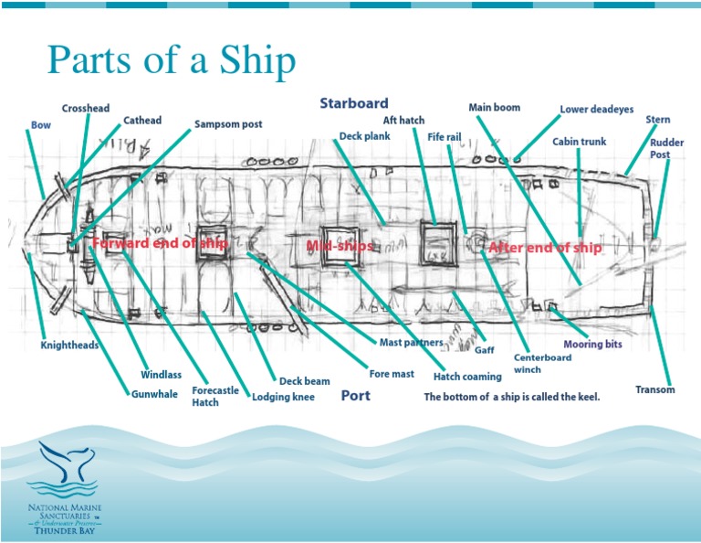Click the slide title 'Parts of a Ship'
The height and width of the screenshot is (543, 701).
pyautogui.click(x=172, y=60)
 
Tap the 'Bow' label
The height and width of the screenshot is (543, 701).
pyautogui.click(x=41, y=125)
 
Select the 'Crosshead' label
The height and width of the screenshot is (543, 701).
pyautogui.click(x=87, y=108)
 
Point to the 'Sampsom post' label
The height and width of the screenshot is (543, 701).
pyautogui.click(x=228, y=123)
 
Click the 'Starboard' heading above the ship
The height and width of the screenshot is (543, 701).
pyautogui.click(x=353, y=103)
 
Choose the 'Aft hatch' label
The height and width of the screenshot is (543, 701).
pyautogui.click(x=403, y=121)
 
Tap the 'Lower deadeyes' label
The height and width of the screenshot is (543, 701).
pyautogui.click(x=596, y=110)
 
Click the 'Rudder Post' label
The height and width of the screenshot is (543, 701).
pyautogui.click(x=660, y=148)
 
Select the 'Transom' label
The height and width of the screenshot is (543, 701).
pyautogui.click(x=655, y=390)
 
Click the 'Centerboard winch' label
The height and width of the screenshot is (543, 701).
pyautogui.click(x=542, y=363)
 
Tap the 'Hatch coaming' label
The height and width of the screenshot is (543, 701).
pyautogui.click(x=467, y=376)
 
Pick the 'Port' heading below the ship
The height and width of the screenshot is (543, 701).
pyautogui.click(x=355, y=396)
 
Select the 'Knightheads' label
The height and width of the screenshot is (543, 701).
pyautogui.click(x=69, y=346)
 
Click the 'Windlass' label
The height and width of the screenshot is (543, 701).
pyautogui.click(x=161, y=375)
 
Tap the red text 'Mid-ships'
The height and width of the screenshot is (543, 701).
pyautogui.click(x=340, y=247)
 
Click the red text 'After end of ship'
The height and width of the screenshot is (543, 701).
pyautogui.click(x=545, y=248)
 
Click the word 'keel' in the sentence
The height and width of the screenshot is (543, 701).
pyautogui.click(x=582, y=397)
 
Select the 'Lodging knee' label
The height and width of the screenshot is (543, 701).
pyautogui.click(x=284, y=397)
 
